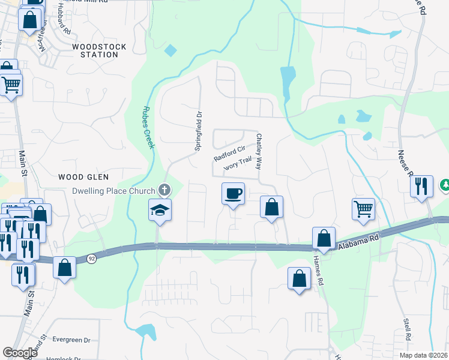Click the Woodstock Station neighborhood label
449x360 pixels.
click(x=95, y=50)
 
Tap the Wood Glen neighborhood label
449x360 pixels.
click(x=83, y=177)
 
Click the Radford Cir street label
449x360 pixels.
click(x=230, y=154)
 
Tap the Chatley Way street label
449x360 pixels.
click(x=259, y=151)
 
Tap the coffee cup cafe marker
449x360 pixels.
click(x=234, y=194)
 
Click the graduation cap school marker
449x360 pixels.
click(x=160, y=209)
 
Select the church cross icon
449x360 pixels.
click(x=163, y=190)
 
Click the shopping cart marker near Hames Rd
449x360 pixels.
click(x=364, y=209)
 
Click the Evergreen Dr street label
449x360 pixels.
click(x=71, y=340)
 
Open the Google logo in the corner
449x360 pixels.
click(x=20, y=352)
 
